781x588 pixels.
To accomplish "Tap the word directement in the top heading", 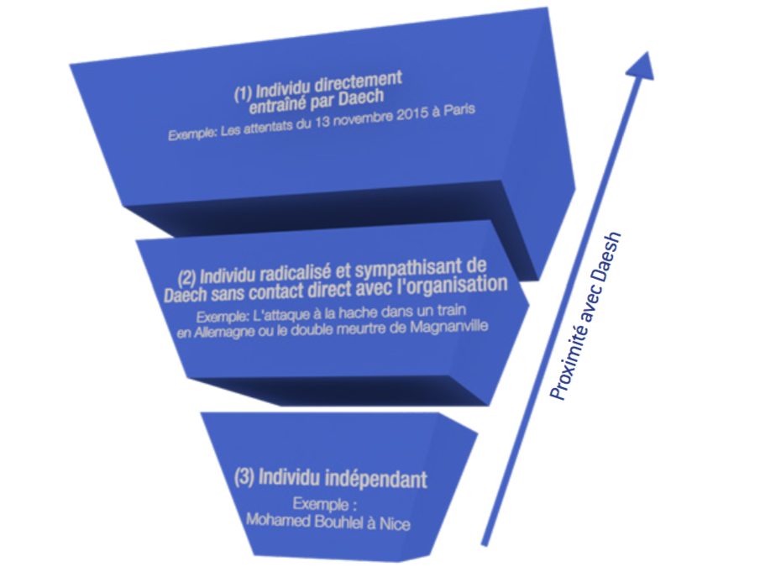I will tap(360, 81).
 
